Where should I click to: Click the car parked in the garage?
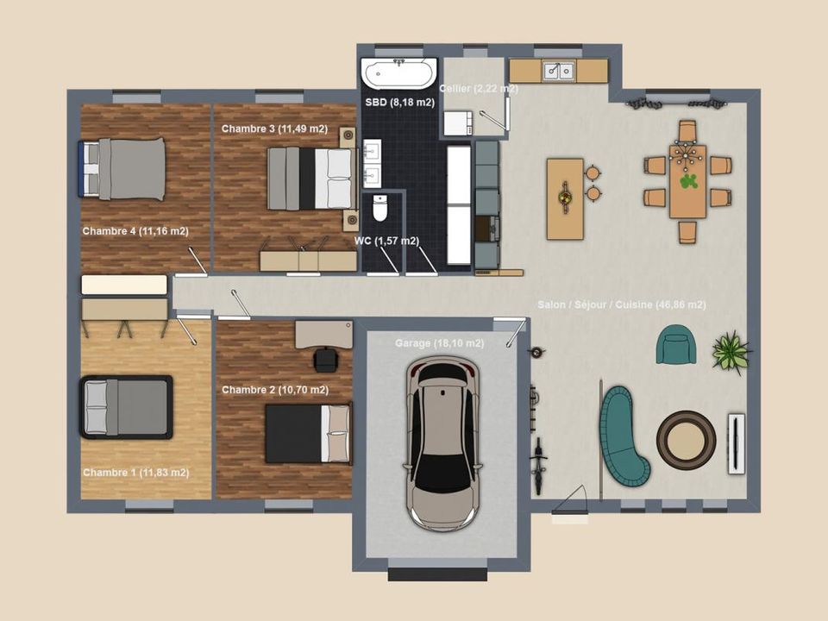pyautogui.click(x=443, y=443)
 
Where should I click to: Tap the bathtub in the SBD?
pyautogui.click(x=399, y=73)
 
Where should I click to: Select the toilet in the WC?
pyautogui.click(x=380, y=208)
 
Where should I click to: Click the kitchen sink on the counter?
pyautogui.click(x=559, y=71)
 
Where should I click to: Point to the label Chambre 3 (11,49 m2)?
pyautogui.click(x=274, y=129)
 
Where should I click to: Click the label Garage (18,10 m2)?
pyautogui.click(x=439, y=343)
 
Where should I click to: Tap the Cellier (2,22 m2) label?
pyautogui.click(x=479, y=89)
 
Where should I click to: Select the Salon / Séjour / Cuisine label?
pyautogui.click(x=622, y=304)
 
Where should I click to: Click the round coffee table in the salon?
pyautogui.click(x=686, y=439)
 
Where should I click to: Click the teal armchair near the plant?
pyautogui.click(x=676, y=344)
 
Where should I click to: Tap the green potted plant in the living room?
pyautogui.click(x=731, y=352)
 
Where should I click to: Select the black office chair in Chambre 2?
pyautogui.click(x=326, y=360)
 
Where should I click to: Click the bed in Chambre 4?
pyautogui.click(x=122, y=169)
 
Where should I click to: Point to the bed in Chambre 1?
pyautogui.click(x=126, y=407)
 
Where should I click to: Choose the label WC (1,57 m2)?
pyautogui.click(x=386, y=241)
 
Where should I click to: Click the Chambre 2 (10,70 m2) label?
pyautogui.click(x=275, y=390)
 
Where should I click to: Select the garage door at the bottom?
pyautogui.click(x=437, y=574)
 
